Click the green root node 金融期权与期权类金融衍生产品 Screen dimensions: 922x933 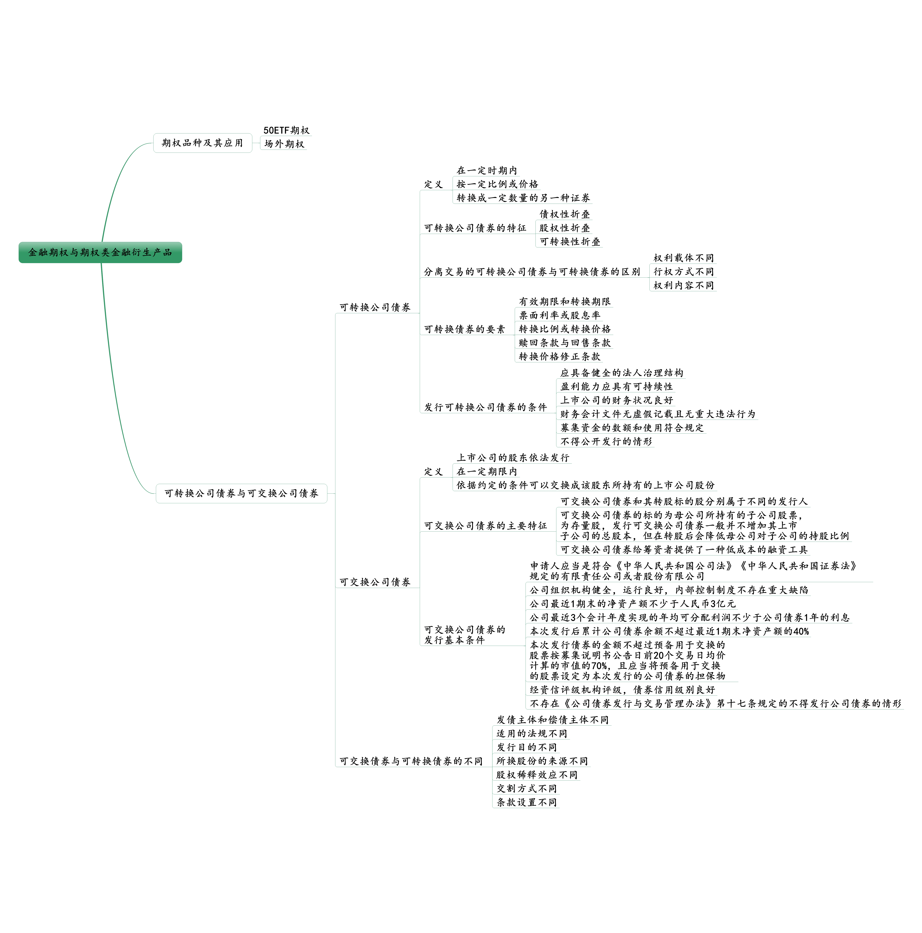[x=100, y=252]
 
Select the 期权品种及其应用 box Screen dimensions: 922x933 [x=202, y=143]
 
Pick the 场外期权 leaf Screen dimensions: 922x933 [x=284, y=144]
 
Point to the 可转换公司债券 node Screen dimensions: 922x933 [x=375, y=307]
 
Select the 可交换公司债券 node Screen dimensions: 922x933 [x=375, y=582]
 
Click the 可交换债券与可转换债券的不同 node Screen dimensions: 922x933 [x=410, y=761]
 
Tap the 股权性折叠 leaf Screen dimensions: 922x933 [x=564, y=228]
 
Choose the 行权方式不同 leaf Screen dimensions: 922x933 [x=683, y=271]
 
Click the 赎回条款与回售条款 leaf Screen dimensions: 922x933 [x=564, y=342]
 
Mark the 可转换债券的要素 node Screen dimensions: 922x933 [x=464, y=329]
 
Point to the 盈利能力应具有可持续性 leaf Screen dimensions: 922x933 [x=616, y=386]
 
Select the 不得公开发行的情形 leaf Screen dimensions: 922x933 [x=606, y=441]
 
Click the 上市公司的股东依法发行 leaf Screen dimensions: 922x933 [x=513, y=457]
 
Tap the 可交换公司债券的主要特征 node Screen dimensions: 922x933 [x=485, y=525]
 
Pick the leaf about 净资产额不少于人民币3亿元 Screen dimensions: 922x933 [x=632, y=604]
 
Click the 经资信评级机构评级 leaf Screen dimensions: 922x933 [x=622, y=690]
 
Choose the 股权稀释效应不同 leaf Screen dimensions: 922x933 [x=536, y=775]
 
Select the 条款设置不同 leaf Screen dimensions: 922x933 [x=526, y=802]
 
